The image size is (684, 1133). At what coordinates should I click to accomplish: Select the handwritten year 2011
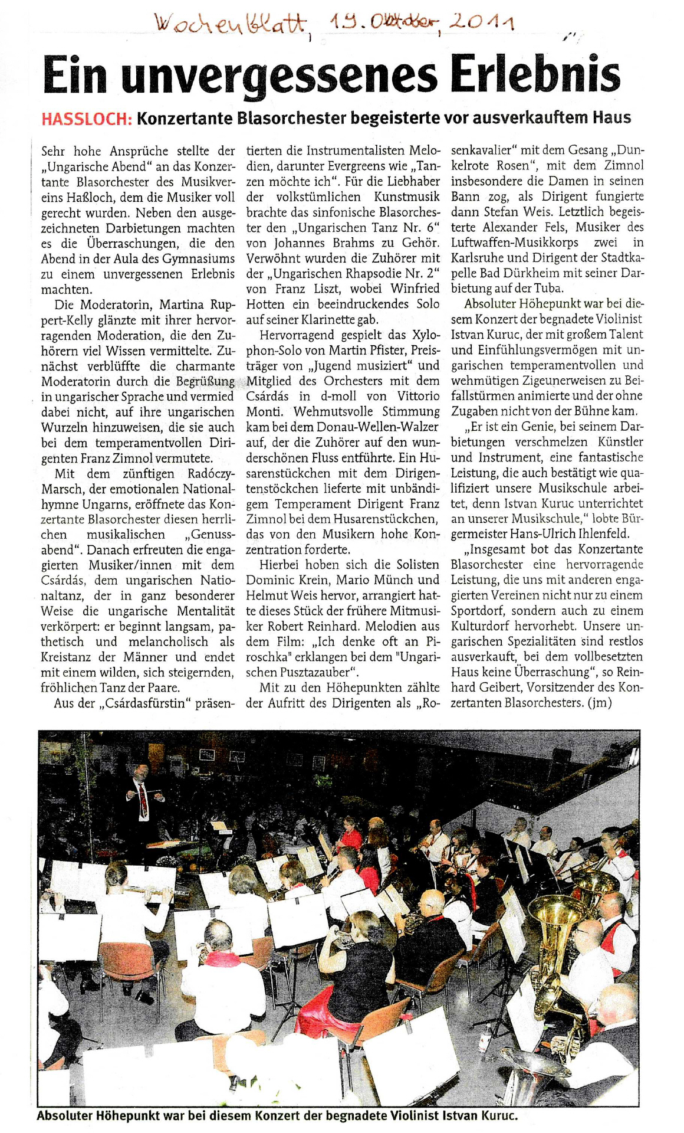[482, 24]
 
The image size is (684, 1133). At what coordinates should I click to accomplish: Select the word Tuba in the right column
[548, 288]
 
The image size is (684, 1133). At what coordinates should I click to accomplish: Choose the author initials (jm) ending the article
[600, 703]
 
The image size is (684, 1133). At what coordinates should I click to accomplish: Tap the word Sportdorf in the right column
[478, 611]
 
